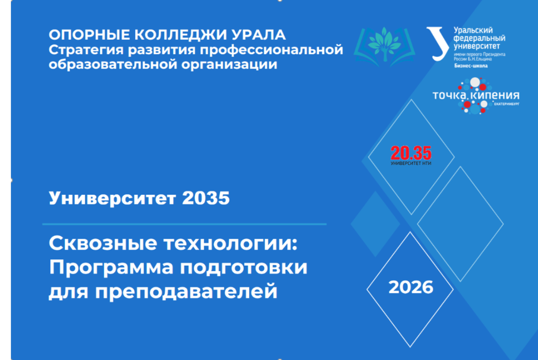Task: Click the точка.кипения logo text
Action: [x=475, y=95]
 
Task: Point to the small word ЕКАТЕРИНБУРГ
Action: [x=506, y=103]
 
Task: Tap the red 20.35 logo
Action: [x=411, y=152]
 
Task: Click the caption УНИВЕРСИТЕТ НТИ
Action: [x=411, y=163]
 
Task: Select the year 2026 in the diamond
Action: [x=410, y=287]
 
